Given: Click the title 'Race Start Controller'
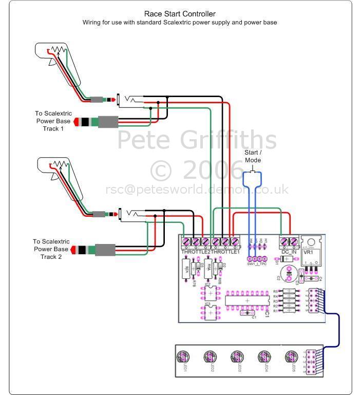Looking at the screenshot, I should tap(180, 14).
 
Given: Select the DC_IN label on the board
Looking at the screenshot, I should tap(289, 252).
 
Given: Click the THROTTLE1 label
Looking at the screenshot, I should tap(226, 252).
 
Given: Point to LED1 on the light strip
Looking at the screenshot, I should tap(182, 356).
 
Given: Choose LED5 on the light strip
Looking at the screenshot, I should tap(292, 356).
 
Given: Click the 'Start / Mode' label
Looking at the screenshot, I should tap(252, 156).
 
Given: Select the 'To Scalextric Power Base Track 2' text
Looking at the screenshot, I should tap(51, 249).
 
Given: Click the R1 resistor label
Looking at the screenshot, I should tap(275, 311).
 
